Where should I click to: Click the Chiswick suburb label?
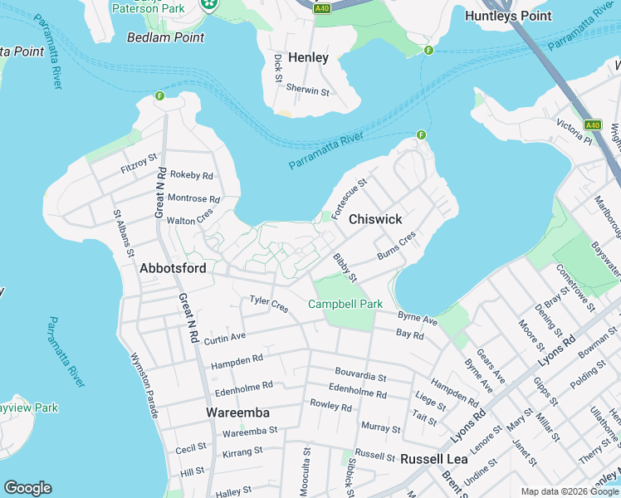pyautogui.click(x=375, y=219)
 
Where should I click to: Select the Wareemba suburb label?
pyautogui.click(x=237, y=412)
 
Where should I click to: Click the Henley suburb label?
pyautogui.click(x=308, y=58)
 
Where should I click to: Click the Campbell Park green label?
pyautogui.click(x=345, y=304)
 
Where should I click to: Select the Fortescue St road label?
pyautogui.click(x=350, y=199)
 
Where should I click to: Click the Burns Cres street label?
pyautogui.click(x=395, y=243)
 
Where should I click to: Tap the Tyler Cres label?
pyautogui.click(x=269, y=305)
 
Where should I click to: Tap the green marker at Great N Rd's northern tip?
pyautogui.click(x=159, y=96)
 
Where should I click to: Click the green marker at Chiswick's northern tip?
pyautogui.click(x=421, y=135)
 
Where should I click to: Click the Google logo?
pyautogui.click(x=27, y=488)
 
